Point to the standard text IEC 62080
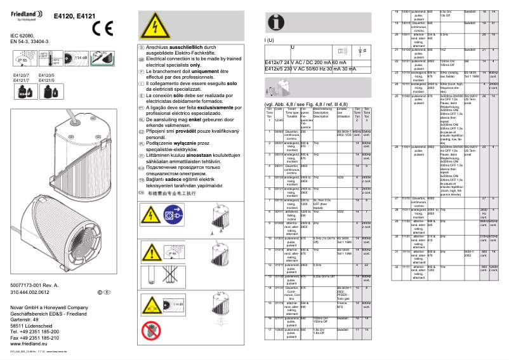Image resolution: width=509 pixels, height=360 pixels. pos(23,36)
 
